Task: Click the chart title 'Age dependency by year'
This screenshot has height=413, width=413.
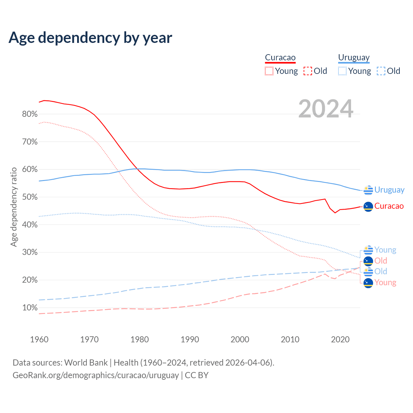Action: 90,38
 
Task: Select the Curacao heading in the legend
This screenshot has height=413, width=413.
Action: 280,58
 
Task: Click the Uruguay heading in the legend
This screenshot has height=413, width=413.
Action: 354,58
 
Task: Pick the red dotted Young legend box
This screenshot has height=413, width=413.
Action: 269,71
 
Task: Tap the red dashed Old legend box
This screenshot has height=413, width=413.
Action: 308,71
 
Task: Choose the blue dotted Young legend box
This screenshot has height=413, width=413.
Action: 342,71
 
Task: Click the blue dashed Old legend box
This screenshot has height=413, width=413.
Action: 381,71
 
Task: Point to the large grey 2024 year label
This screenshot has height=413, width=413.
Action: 326,109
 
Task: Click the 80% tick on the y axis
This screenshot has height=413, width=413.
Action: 30,114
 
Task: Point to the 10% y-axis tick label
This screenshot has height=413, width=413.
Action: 30,308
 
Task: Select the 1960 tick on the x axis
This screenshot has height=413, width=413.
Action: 39,339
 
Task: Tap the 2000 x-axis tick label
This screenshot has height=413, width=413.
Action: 240,339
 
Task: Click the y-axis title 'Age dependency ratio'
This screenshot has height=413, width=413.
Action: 14,207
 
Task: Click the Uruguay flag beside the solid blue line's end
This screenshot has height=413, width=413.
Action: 368,190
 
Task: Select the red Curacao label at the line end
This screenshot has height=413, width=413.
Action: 389,206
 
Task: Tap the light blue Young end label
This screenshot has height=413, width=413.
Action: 385,250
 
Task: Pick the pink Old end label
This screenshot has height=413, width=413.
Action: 381,261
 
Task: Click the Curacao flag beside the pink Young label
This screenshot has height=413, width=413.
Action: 368,283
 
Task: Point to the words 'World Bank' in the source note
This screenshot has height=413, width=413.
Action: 86,363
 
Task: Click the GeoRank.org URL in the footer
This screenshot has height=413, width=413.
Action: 96,375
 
